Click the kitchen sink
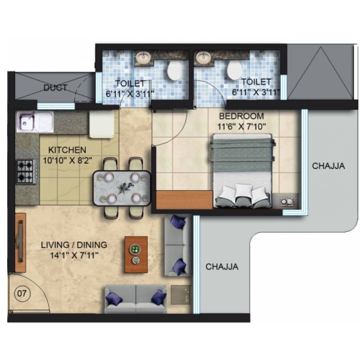(x=35, y=121)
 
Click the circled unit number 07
(x=22, y=293)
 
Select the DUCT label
(x=55, y=88)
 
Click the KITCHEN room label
(x=67, y=150)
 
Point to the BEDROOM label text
(x=242, y=116)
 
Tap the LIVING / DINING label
(x=74, y=245)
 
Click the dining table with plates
(x=122, y=187)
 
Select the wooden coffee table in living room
(x=136, y=254)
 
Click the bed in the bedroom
(x=242, y=171)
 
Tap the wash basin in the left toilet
(x=143, y=57)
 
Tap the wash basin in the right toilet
(x=203, y=57)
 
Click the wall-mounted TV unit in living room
(x=20, y=242)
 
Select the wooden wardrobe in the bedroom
(x=184, y=200)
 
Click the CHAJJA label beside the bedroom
(x=328, y=166)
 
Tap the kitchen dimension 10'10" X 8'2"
(x=67, y=160)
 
